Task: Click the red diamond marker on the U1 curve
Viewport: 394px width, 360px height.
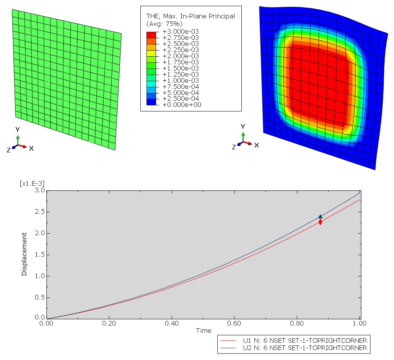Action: pyautogui.click(x=320, y=222)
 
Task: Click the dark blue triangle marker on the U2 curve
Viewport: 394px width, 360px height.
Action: pyautogui.click(x=321, y=216)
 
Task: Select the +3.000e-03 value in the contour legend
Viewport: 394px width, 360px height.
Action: pyautogui.click(x=181, y=31)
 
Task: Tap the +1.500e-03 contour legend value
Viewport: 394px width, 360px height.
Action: pyautogui.click(x=181, y=68)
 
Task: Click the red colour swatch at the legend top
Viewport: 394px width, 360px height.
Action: pyautogui.click(x=151, y=35)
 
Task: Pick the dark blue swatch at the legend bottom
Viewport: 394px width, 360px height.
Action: pyautogui.click(x=151, y=102)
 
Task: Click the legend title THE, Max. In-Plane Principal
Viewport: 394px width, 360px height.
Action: pyautogui.click(x=191, y=16)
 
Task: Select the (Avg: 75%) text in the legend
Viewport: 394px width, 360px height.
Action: pyautogui.click(x=164, y=24)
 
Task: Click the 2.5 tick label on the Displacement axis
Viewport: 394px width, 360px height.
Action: pyautogui.click(x=40, y=211)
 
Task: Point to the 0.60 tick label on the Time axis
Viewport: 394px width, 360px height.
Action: pyautogui.click(x=234, y=323)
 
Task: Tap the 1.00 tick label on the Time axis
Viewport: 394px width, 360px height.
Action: pyautogui.click(x=360, y=323)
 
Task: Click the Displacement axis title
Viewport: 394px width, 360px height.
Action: pyautogui.click(x=24, y=254)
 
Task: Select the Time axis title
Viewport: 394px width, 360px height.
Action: pyautogui.click(x=204, y=331)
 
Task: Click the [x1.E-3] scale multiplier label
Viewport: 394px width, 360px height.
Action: pyautogui.click(x=32, y=184)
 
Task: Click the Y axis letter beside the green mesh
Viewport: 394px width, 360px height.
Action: pyautogui.click(x=18, y=129)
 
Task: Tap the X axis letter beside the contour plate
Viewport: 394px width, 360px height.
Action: pyautogui.click(x=257, y=146)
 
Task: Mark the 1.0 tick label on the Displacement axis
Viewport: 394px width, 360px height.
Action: pyautogui.click(x=40, y=276)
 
